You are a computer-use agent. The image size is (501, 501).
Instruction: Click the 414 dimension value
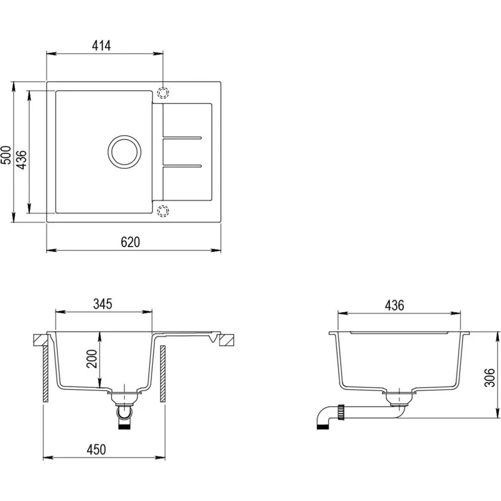click(101, 46)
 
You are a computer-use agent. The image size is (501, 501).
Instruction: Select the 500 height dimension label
click(6, 155)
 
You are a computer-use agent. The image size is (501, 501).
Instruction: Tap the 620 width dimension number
click(130, 242)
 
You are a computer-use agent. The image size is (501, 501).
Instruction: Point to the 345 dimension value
click(103, 304)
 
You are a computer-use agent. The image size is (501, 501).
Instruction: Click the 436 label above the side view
click(394, 306)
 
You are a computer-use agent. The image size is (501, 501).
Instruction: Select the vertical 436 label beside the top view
click(23, 160)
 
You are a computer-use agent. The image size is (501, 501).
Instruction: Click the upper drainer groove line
click(182, 137)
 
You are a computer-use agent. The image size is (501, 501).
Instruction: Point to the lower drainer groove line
click(182, 166)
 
